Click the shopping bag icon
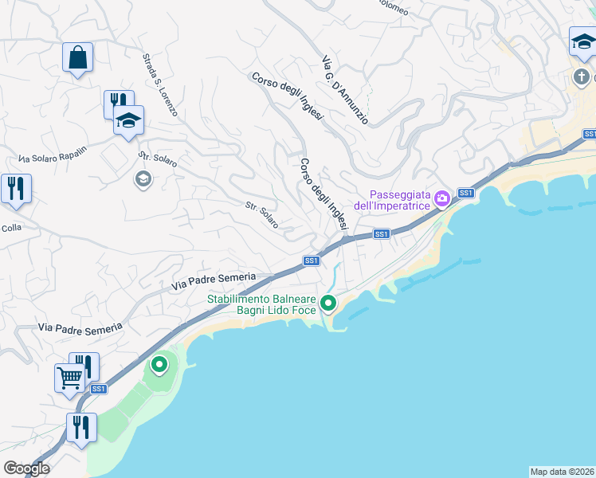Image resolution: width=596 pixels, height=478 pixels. tap(77, 58)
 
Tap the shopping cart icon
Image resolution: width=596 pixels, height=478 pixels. tap(69, 377)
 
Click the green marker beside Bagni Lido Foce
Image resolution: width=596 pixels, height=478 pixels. tap(328, 303)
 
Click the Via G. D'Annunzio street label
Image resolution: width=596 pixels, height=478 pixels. tap(345, 90)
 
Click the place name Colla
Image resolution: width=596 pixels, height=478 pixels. tap(11, 226)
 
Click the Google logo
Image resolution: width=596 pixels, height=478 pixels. tap(26, 468)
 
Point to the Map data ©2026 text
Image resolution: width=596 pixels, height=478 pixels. tap(562, 471)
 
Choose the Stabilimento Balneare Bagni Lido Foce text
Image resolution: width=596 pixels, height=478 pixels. tap(262, 304)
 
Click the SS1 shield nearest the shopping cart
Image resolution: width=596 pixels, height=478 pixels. tap(98, 389)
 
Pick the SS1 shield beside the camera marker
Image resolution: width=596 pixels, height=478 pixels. tap(467, 193)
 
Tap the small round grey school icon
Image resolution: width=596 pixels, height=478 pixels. tap(143, 178)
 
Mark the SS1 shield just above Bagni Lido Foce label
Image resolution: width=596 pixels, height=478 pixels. tap(312, 261)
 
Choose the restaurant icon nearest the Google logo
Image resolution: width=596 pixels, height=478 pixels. tap(80, 427)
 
